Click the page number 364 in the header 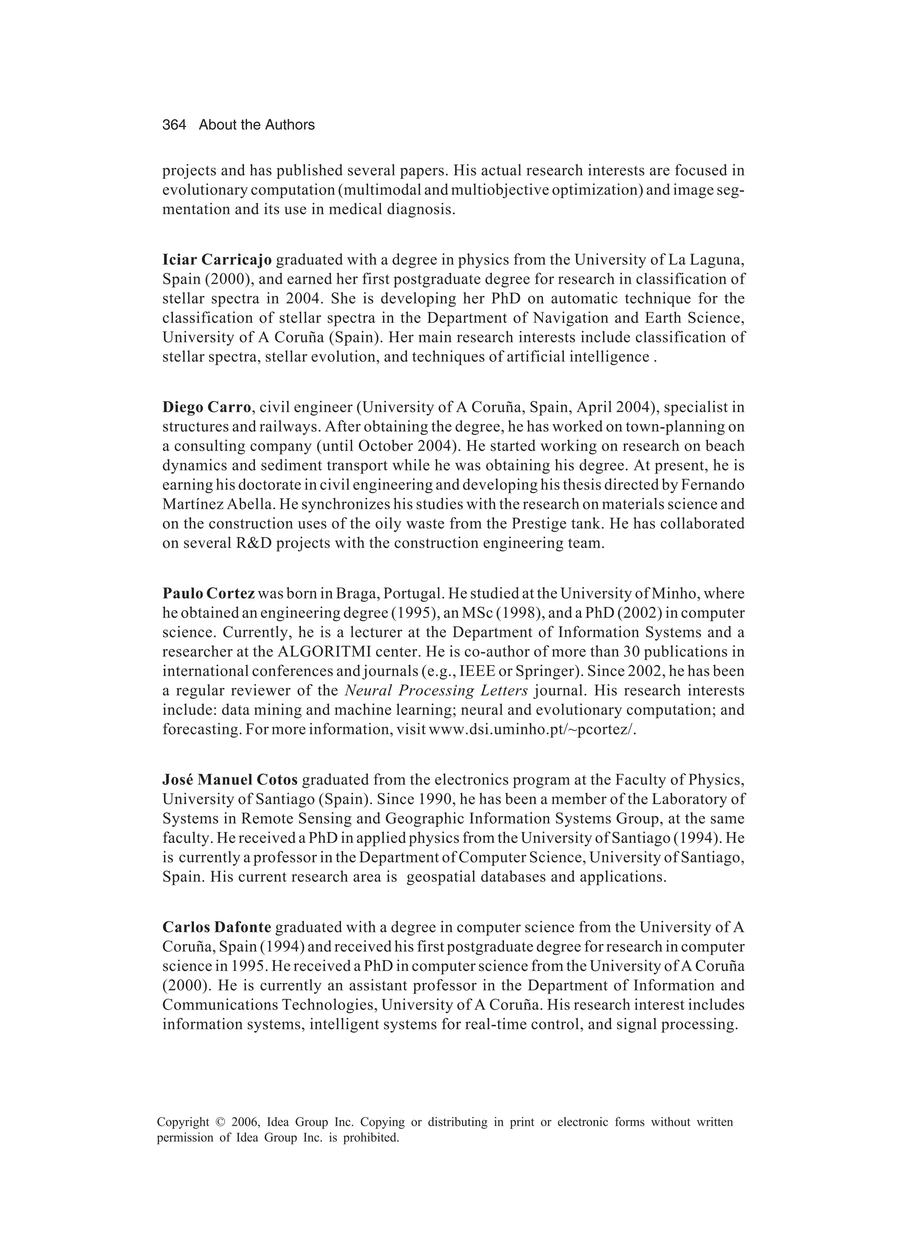pyautogui.click(x=174, y=125)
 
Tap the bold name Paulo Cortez pyautogui.click(x=208, y=594)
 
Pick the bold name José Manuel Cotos pyautogui.click(x=230, y=780)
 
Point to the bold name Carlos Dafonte pyautogui.click(x=217, y=927)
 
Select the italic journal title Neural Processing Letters pyautogui.click(x=436, y=691)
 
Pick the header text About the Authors pyautogui.click(x=256, y=125)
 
